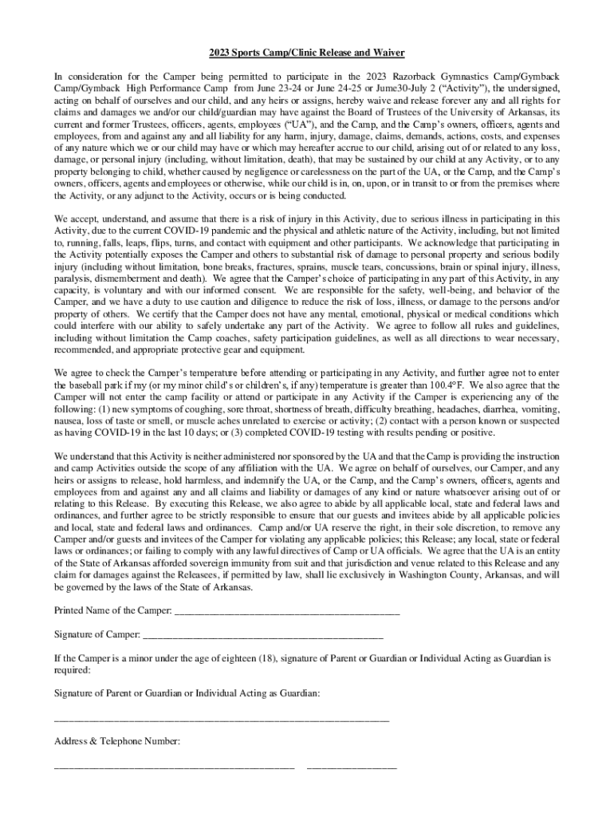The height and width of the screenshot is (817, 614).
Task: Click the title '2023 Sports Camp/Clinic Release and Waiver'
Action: (307, 53)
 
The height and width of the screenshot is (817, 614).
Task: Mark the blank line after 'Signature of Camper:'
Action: (262, 637)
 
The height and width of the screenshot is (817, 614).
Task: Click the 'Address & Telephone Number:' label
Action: (117, 741)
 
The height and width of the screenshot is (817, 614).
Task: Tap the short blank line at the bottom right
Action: (351, 768)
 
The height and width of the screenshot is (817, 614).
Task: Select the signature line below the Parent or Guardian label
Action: (221, 720)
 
